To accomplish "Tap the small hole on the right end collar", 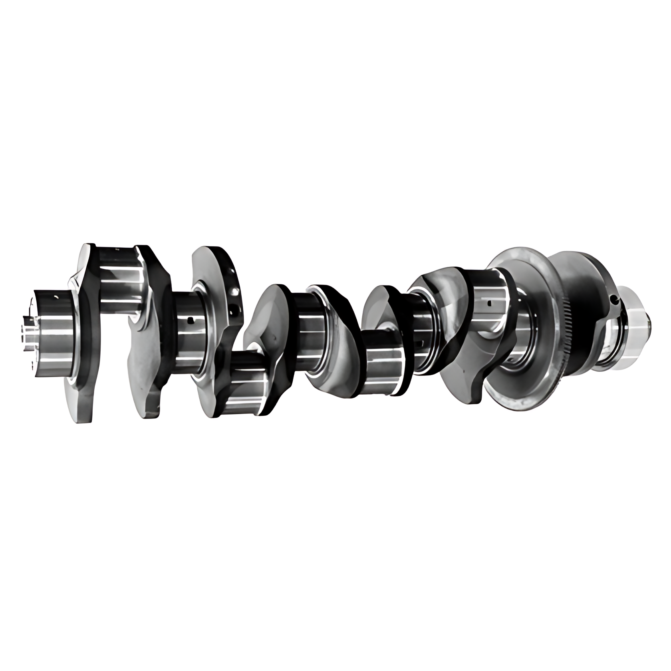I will point(615,299).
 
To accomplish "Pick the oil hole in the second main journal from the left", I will point(191,320).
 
